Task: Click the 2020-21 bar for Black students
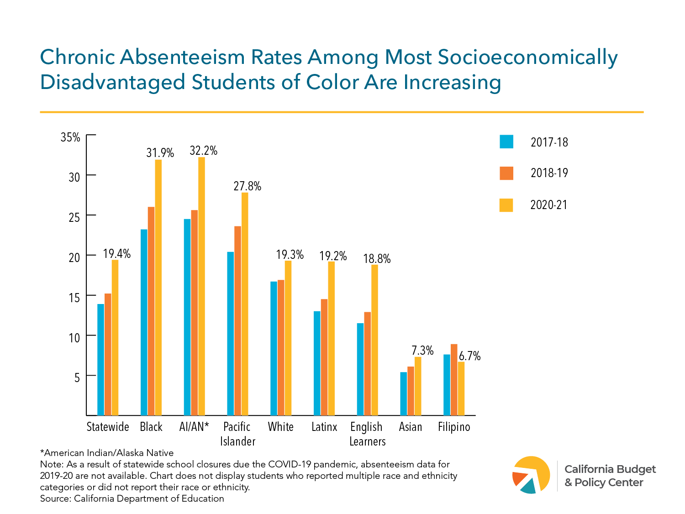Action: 158,288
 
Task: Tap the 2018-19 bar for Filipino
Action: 454,380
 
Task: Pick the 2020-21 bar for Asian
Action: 418,386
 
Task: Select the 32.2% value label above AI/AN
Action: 204,151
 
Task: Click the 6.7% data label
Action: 470,356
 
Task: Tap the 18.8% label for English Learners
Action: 377,259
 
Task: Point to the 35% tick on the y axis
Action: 71,137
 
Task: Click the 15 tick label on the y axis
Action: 74,297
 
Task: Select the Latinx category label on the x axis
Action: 324,427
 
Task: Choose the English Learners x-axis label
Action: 367,434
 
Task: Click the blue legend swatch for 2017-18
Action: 506,142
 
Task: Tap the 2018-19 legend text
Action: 549,173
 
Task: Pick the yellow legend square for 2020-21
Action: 506,205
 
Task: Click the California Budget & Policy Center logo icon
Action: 532,475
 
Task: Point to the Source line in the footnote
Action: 132,498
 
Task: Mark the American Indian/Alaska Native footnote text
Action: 107,453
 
